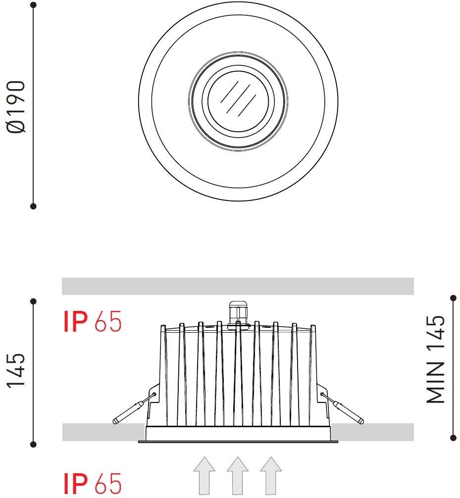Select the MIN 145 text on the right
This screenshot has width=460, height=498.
click(x=436, y=359)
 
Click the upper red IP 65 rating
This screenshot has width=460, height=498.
click(x=93, y=322)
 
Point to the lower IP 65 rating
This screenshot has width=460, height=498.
click(x=93, y=484)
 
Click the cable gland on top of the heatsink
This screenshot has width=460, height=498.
click(x=238, y=313)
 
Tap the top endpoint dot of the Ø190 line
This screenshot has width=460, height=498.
click(x=34, y=5)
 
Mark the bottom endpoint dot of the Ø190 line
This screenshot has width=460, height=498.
click(x=34, y=205)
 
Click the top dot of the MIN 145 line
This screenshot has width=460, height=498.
click(x=453, y=298)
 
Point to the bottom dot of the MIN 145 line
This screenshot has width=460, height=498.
click(x=453, y=438)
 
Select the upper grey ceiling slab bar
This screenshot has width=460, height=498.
click(x=238, y=286)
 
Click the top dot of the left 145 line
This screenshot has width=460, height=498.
click(x=34, y=301)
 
